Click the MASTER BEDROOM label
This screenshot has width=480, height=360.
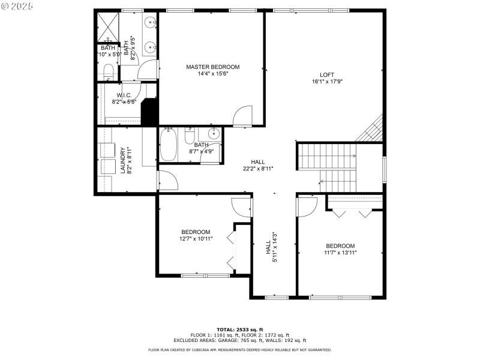tap(212, 67)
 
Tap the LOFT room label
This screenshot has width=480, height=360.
tap(326, 74)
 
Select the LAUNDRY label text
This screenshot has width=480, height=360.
tap(122, 160)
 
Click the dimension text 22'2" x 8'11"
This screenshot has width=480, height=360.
tap(258, 169)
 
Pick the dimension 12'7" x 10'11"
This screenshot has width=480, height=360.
tap(196, 239)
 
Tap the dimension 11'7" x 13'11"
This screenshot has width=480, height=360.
tap(340, 253)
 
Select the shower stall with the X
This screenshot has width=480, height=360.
tap(108, 25)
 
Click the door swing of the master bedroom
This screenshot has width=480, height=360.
tap(242, 115)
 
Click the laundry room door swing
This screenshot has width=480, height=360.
tap(166, 181)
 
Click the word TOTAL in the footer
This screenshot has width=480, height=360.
tap(225, 329)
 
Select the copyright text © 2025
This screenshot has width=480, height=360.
tap(18, 5)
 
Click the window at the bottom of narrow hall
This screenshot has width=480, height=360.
tap(273, 296)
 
